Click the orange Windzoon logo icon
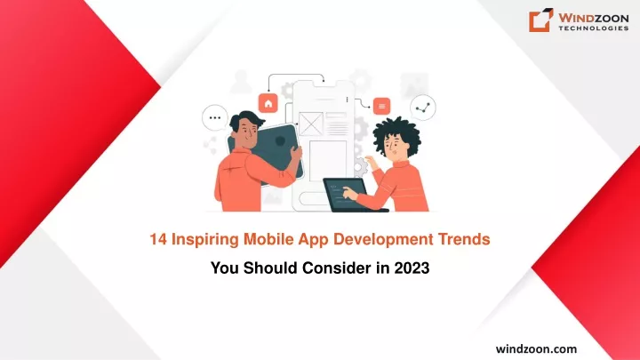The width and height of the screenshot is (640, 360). [541, 20]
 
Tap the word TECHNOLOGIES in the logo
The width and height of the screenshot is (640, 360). [594, 28]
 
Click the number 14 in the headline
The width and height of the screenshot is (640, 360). [158, 239]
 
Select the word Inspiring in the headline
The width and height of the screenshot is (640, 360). [204, 240]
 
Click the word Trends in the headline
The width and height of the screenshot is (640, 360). [464, 239]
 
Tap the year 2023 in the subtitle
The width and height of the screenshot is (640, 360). [412, 268]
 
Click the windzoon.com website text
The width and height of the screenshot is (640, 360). [536, 349]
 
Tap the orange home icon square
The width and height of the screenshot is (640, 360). [268, 103]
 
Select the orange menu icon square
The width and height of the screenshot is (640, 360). [381, 106]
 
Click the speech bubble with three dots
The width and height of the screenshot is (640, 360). [215, 117]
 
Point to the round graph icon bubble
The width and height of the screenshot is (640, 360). [423, 108]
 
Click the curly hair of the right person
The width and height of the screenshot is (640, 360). [396, 132]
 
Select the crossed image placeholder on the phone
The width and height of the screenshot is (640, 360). [311, 124]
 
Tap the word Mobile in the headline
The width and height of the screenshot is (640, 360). [268, 239]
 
